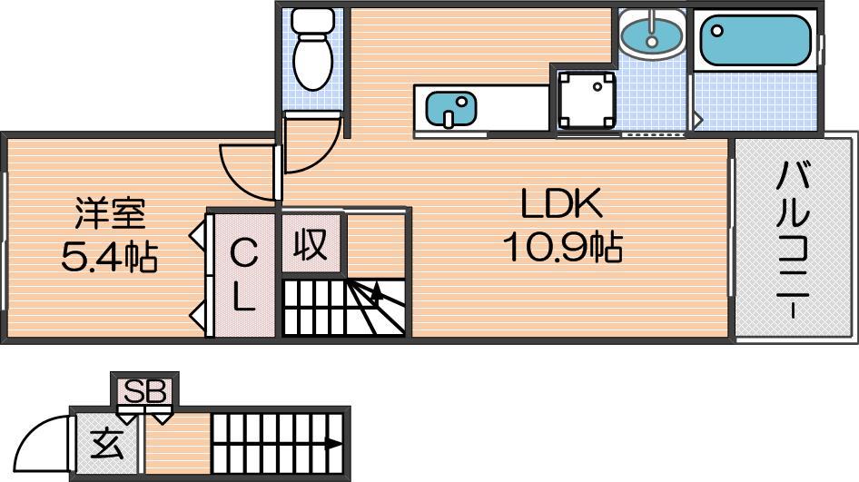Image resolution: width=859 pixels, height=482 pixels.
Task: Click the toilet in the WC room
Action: point(311,49)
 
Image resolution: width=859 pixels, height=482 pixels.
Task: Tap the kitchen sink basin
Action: point(450,108)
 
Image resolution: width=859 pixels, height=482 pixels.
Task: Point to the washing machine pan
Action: point(587,100)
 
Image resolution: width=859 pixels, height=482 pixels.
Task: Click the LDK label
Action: point(561,203)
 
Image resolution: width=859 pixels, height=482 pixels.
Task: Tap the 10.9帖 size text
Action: point(563,247)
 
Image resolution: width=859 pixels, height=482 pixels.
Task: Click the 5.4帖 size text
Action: point(109,256)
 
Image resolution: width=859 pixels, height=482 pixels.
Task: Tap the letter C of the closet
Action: point(242,254)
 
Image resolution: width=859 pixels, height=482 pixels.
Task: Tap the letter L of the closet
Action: point(243,299)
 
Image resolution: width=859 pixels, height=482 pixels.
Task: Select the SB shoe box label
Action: point(144,391)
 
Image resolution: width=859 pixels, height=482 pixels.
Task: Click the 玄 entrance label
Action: point(107,445)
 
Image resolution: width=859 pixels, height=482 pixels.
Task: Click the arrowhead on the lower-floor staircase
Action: point(332,443)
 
